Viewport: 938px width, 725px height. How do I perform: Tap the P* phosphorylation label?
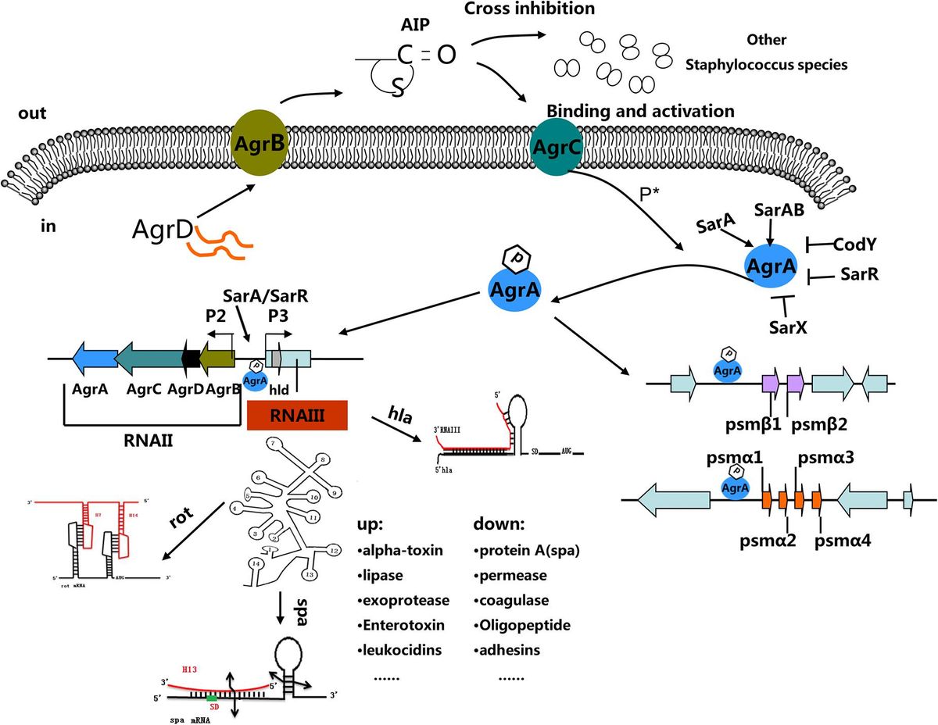coord(649,195)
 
